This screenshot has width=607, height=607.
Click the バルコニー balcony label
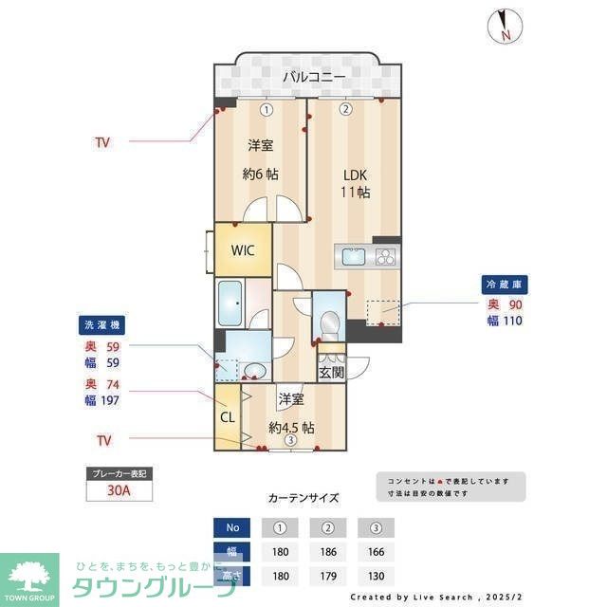coord(312,77)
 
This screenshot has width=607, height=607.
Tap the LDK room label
coord(355,175)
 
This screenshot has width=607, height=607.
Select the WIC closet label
coord(244,250)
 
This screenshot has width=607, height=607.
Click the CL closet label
coord(228,415)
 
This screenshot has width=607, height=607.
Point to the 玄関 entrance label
coord(331,372)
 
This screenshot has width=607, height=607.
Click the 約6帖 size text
coord(261,174)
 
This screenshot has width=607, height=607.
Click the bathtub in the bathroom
coord(230,303)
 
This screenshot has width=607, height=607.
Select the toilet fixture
coord(328,323)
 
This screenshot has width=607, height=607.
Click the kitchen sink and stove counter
coord(366,256)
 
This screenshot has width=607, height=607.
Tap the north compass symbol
coord(503,26)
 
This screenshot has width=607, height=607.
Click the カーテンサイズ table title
coord(303,497)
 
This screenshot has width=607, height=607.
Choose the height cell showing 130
coord(376,575)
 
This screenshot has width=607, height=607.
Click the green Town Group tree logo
coord(29,574)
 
